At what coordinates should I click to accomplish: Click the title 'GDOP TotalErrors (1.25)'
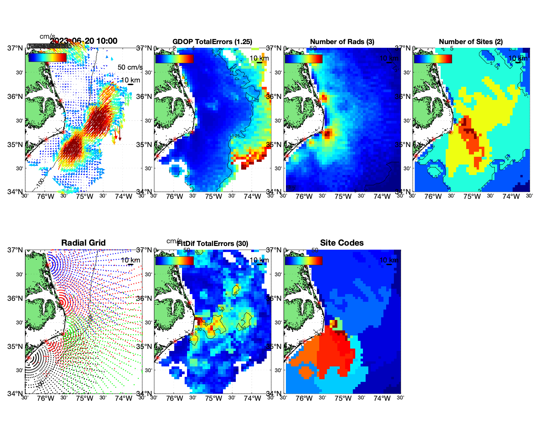(x=212, y=42)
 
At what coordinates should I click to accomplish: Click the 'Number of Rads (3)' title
(x=342, y=42)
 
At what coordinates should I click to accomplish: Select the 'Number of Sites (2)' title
(x=471, y=42)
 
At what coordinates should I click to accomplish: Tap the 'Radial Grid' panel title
(x=83, y=243)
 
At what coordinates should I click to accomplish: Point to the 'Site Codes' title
(x=342, y=243)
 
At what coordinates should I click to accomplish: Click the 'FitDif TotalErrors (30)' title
(x=213, y=244)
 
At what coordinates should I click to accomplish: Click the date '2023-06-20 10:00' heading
(x=84, y=41)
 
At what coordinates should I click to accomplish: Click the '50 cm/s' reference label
(x=130, y=67)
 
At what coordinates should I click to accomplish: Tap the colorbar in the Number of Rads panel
(x=303, y=59)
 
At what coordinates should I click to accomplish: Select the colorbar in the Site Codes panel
(x=303, y=260)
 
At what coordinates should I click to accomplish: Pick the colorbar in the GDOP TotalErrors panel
(x=174, y=59)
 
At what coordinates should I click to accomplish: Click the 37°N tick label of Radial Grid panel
(x=15, y=250)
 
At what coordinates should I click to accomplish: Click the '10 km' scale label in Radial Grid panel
(x=131, y=260)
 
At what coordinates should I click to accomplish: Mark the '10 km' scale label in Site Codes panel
(x=389, y=260)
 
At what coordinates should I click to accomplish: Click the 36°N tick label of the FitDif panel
(x=144, y=298)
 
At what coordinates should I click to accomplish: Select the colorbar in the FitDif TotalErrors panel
(x=174, y=260)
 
